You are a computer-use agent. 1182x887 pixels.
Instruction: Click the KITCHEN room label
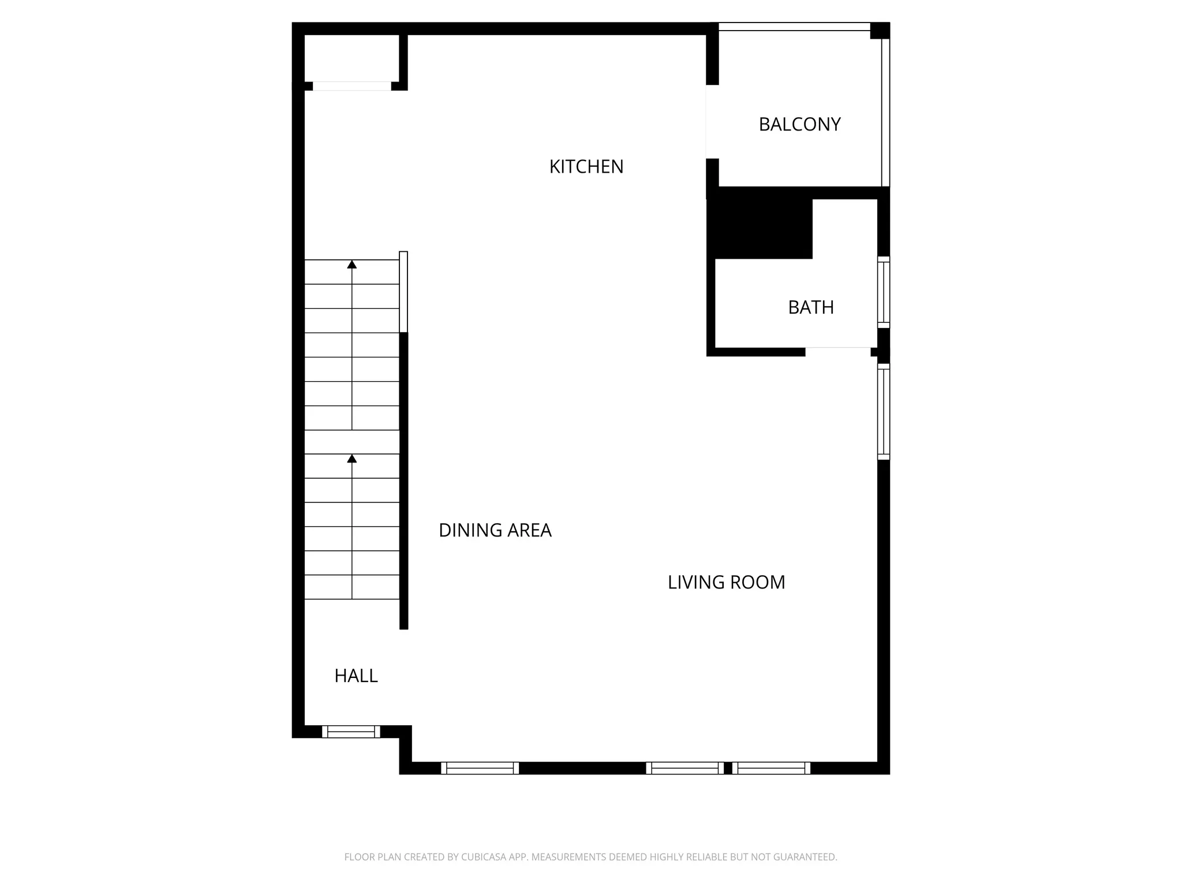click(586, 167)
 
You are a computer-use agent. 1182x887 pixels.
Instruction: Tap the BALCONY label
click(799, 125)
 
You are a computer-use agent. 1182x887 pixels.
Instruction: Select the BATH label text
click(811, 307)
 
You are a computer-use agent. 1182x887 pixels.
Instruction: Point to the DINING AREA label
click(495, 530)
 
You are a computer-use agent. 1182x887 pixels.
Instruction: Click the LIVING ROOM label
click(726, 582)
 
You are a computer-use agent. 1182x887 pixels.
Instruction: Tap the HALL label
click(356, 676)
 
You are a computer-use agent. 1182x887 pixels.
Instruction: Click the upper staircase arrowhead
click(352, 264)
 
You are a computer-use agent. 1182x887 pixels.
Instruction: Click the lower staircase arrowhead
click(352, 459)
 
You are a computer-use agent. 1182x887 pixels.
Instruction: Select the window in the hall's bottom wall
click(351, 732)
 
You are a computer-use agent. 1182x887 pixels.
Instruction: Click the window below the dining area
click(480, 768)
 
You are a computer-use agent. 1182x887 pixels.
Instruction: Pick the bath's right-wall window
click(884, 292)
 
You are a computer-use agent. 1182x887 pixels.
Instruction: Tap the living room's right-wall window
click(884, 411)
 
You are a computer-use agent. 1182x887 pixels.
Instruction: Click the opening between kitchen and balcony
click(712, 121)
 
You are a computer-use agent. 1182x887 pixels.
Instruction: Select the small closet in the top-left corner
click(351, 58)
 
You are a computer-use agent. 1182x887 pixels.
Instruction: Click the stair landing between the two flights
click(351, 442)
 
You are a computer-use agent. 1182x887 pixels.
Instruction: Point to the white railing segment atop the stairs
click(403, 292)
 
